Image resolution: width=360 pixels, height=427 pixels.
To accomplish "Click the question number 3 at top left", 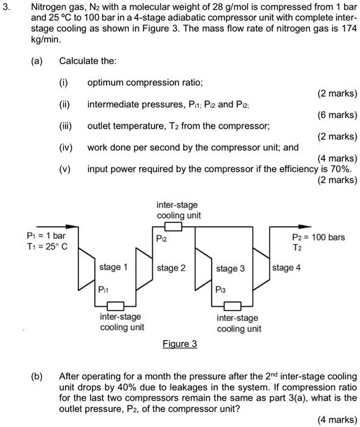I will tap(6, 7).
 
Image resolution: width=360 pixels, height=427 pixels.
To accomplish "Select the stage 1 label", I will tap(113, 268).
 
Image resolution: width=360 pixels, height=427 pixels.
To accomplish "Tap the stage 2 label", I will tap(172, 268).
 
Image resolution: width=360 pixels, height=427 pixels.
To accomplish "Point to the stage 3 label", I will tap(231, 268).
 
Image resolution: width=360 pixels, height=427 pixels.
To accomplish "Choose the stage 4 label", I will tap(286, 268).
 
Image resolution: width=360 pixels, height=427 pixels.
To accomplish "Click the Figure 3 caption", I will tap(180, 344).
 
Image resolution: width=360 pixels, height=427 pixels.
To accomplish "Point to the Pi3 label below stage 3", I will tap(222, 289).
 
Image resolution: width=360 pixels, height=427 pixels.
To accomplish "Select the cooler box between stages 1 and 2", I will tap(116, 304).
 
